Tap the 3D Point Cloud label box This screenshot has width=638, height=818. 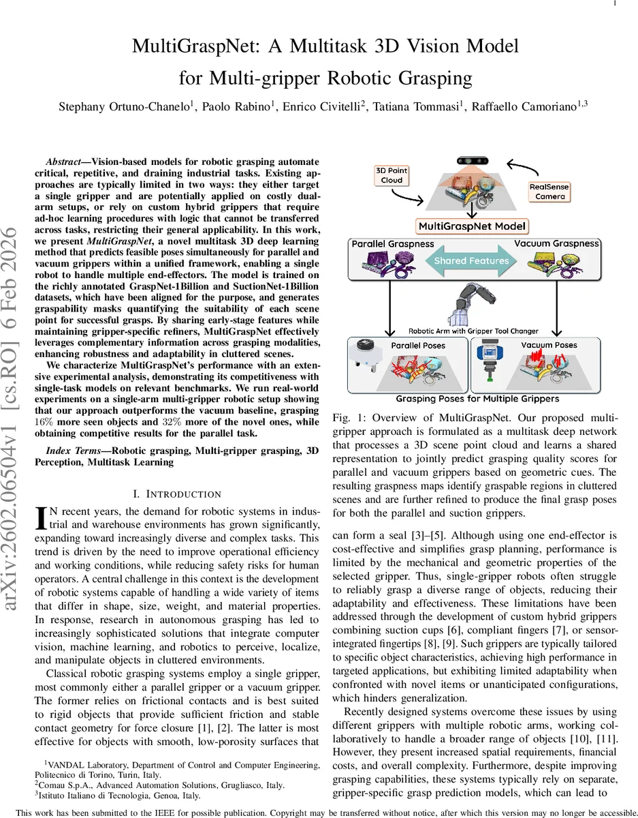coord(392,175)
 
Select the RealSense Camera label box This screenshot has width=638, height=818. coord(549,192)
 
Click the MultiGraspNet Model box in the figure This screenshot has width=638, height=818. coord(471,226)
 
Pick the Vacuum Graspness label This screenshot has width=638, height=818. coord(556,243)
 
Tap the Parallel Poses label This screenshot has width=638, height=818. coord(417,346)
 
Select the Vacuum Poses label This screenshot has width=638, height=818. coord(549,345)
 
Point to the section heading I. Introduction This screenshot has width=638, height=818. coord(180,494)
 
